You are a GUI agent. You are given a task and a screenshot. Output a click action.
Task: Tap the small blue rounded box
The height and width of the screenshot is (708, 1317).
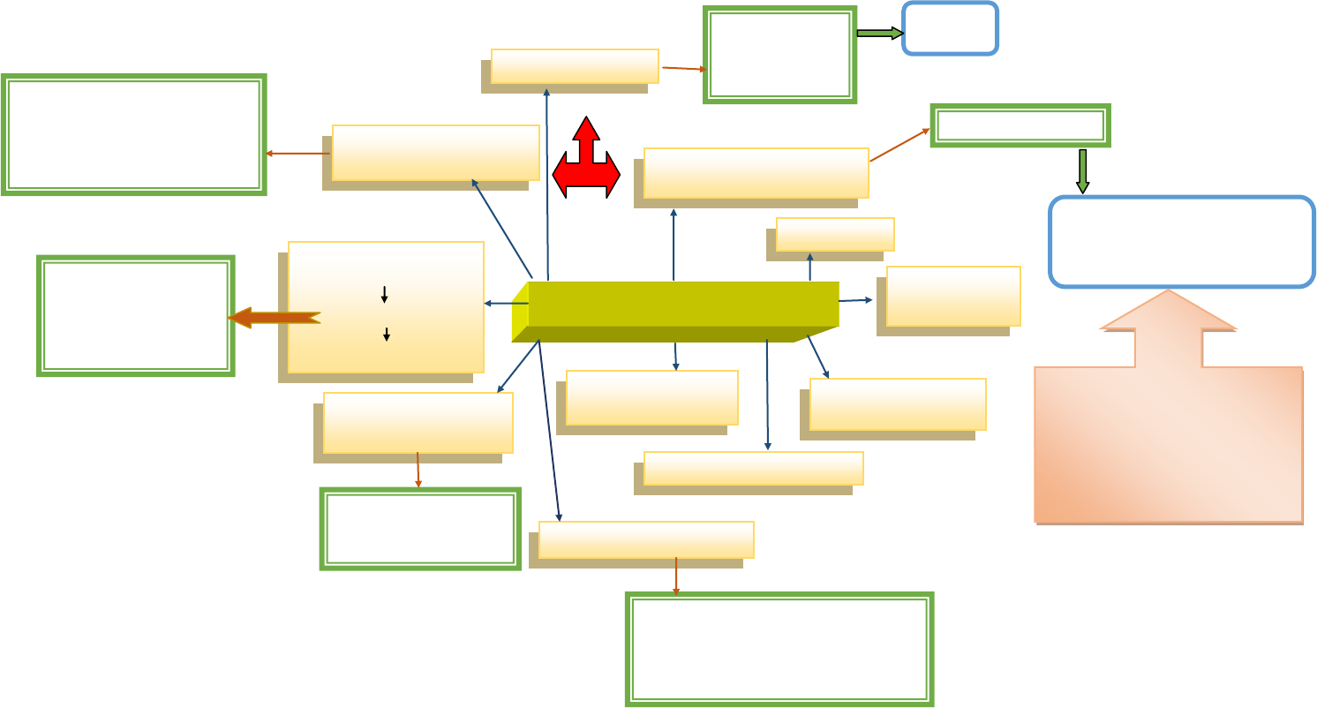pyautogui.click(x=950, y=28)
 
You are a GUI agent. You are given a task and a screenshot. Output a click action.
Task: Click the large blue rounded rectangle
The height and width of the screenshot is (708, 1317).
pyautogui.click(x=1181, y=242)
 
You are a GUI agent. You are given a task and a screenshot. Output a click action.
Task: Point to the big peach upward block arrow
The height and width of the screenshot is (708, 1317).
pyautogui.click(x=1168, y=424)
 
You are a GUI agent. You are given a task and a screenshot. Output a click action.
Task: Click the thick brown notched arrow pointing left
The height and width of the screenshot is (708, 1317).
pyautogui.click(x=274, y=318)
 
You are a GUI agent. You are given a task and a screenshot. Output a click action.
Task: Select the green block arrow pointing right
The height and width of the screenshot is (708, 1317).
pyautogui.click(x=879, y=34)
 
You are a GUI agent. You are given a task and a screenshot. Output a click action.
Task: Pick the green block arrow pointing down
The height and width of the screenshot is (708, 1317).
pyautogui.click(x=1082, y=171)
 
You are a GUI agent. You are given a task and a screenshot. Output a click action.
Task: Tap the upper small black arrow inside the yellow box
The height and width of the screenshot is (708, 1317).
pyautogui.click(x=384, y=295)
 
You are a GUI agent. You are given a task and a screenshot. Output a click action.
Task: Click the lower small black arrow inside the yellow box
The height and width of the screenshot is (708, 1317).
pyautogui.click(x=387, y=335)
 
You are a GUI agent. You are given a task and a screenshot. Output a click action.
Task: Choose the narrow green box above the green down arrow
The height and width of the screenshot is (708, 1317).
pyautogui.click(x=1020, y=125)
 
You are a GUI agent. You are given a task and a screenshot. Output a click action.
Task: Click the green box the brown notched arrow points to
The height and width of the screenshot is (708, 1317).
pyautogui.click(x=135, y=316)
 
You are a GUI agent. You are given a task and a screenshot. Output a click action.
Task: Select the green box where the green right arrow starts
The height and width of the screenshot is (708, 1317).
pyautogui.click(x=779, y=55)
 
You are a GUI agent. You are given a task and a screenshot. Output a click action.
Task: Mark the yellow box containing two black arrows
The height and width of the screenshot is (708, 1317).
pyautogui.click(x=386, y=306)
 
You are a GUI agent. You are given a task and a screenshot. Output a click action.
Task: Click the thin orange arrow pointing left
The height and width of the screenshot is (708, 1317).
pyautogui.click(x=298, y=154)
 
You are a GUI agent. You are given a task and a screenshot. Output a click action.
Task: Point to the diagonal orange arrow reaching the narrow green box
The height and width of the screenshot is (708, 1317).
pyautogui.click(x=899, y=145)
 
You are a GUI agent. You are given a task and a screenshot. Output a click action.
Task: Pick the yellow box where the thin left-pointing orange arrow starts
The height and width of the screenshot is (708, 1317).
pyautogui.click(x=435, y=153)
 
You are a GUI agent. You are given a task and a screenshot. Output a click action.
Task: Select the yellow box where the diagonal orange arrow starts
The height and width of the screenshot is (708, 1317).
pyautogui.click(x=756, y=173)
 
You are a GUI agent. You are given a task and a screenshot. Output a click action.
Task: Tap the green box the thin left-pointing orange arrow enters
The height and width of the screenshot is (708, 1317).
pyautogui.click(x=134, y=134)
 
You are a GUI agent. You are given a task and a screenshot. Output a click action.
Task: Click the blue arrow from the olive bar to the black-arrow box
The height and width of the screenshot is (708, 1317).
pyautogui.click(x=506, y=304)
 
